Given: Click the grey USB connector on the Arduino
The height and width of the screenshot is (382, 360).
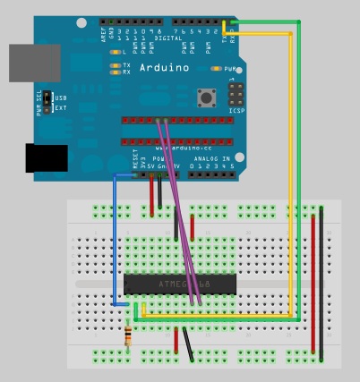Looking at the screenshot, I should tap(34, 63).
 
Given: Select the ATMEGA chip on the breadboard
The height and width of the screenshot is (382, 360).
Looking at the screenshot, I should tap(179, 284).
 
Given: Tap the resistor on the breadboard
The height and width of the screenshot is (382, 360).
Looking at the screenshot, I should tap(133, 336).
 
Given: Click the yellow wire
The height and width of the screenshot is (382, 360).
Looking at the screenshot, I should tap(291, 179).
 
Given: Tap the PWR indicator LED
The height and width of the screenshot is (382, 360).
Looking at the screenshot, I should tap(216, 68).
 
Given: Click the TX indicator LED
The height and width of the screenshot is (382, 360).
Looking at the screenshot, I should tap(115, 65).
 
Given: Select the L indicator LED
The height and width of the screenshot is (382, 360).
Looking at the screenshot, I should tap(115, 52).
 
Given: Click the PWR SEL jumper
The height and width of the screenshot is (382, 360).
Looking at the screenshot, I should tap(50, 102).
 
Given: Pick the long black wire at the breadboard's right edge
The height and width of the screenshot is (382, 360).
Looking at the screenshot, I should tap(321, 282).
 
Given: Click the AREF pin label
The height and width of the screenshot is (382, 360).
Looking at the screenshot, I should tap(104, 33).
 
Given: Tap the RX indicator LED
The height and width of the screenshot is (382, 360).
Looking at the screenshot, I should tap(115, 72).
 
